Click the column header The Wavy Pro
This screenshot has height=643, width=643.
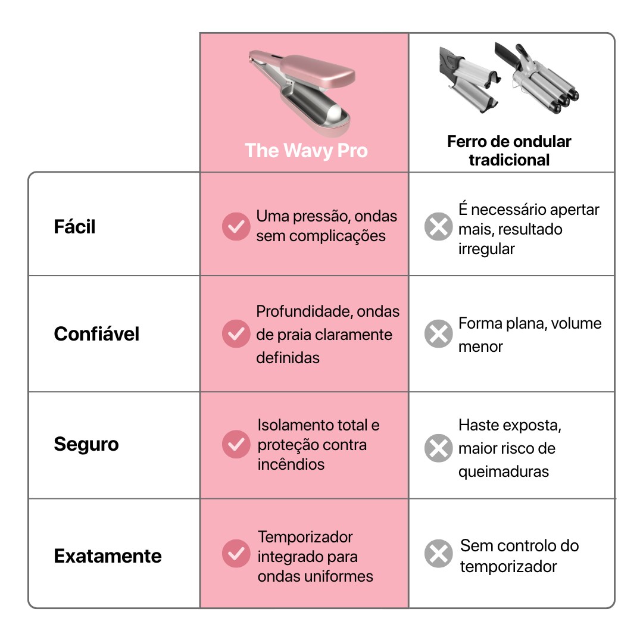[x=305, y=150]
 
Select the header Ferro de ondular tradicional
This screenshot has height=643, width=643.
[x=509, y=151]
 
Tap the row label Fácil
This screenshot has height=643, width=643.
[x=74, y=227]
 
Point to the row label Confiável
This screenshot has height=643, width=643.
[x=96, y=334]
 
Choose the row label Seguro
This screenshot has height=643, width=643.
[x=86, y=444]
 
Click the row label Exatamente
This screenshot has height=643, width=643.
[x=108, y=556]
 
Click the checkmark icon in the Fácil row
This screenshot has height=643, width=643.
[x=236, y=227]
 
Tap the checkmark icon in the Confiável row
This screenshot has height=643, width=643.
[x=236, y=334]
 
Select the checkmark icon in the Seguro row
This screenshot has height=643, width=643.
[x=236, y=444]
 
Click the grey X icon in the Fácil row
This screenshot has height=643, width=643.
[x=438, y=227]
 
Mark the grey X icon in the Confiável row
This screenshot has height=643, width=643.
[x=438, y=334]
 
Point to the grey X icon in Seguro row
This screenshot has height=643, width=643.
[x=438, y=448]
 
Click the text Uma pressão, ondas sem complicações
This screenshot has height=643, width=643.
[x=326, y=226]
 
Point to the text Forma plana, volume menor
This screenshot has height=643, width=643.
[x=529, y=335]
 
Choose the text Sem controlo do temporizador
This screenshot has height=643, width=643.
[x=519, y=555]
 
